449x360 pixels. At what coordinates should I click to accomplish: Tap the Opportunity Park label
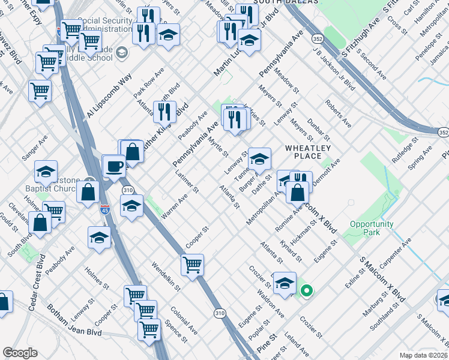pos(372,228)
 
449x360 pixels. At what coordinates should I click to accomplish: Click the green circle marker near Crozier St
pos(306,292)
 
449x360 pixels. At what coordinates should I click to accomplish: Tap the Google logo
pos(20,353)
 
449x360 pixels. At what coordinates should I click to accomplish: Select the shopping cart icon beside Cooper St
pos(192,265)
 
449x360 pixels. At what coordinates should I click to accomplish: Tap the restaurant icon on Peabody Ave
pos(164,112)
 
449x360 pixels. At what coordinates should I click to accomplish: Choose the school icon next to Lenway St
pos(259,159)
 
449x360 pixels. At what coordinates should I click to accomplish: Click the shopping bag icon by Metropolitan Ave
pos(297,193)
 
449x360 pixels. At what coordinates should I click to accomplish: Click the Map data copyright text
pos(424,355)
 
